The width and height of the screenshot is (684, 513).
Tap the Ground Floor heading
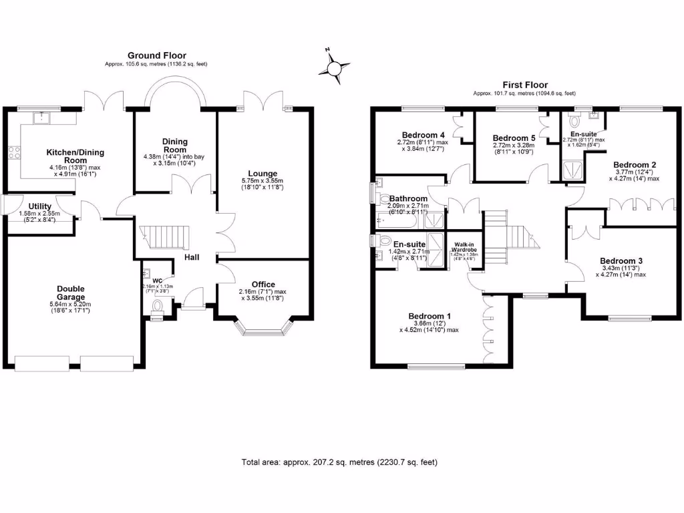(157, 55)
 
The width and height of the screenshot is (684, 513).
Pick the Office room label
(263, 285)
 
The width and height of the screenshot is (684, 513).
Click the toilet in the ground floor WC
(158, 307)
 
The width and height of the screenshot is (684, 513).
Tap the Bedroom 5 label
(514, 138)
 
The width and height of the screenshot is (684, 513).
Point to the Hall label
(194, 257)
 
